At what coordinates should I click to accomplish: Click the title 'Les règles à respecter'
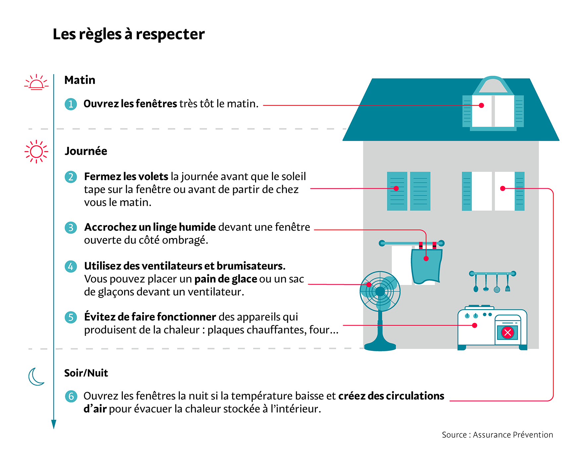129,34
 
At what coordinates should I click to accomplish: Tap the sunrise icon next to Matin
36,82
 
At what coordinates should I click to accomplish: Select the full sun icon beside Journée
36,152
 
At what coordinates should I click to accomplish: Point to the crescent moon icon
36,377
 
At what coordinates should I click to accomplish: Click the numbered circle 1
71,104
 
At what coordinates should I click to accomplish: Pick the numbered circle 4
71,266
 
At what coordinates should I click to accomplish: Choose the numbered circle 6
71,396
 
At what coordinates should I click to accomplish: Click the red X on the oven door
507,333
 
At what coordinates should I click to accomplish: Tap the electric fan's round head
380,291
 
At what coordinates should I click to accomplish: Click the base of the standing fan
380,346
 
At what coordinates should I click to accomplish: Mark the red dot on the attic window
482,105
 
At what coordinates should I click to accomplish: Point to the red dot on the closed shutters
396,188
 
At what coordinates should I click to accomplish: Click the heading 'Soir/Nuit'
86,373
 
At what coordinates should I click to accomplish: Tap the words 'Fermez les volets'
126,176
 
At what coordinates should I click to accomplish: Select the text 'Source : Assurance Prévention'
497,435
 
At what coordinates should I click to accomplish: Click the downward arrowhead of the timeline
54,424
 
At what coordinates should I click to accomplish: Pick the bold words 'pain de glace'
226,279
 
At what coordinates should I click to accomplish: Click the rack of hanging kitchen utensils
493,282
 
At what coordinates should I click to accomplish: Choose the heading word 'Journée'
86,151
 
